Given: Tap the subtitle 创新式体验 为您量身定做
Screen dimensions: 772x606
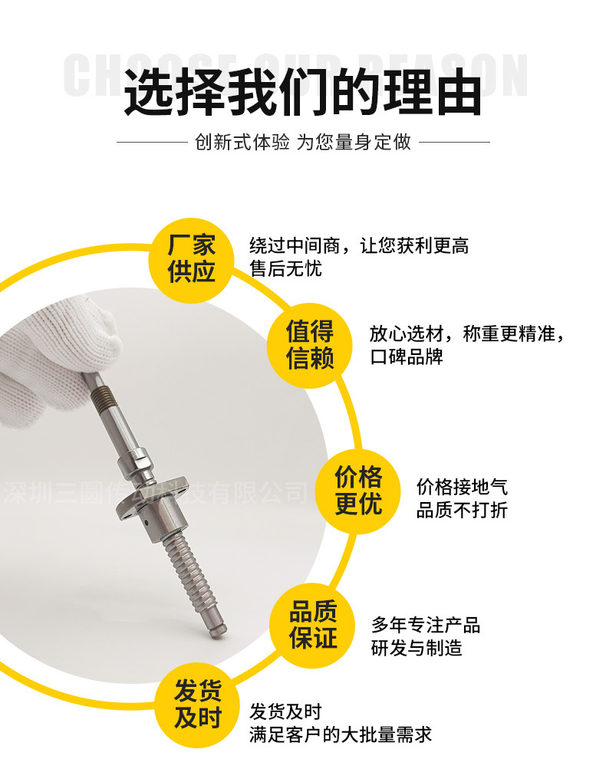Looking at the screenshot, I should pyautogui.click(x=303, y=143).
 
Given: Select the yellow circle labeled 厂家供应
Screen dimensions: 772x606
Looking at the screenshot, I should pyautogui.click(x=192, y=258).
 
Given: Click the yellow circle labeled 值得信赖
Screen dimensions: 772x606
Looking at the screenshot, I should pyautogui.click(x=310, y=344).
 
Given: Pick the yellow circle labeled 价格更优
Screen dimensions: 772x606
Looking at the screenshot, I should pyautogui.click(x=358, y=491).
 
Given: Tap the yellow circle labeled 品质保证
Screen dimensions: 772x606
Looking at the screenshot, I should pyautogui.click(x=313, y=624).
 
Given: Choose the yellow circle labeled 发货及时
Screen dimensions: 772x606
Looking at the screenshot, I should pyautogui.click(x=197, y=704).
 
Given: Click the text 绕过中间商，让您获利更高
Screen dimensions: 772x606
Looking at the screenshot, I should pyautogui.click(x=358, y=246).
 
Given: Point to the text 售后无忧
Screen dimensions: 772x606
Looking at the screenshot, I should pyautogui.click(x=285, y=269).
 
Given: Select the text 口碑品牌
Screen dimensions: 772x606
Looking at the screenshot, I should pyautogui.click(x=407, y=357).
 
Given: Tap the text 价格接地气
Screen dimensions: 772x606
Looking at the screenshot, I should pyautogui.click(x=462, y=487).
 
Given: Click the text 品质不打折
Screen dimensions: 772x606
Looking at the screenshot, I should pyautogui.click(x=462, y=511).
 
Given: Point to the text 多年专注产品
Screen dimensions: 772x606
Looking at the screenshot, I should pyautogui.click(x=426, y=625).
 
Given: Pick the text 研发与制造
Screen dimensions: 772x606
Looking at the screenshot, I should pyautogui.click(x=417, y=649).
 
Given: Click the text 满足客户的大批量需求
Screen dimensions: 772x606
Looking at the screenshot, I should pyautogui.click(x=341, y=735).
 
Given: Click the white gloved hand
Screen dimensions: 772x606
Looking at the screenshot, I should pyautogui.click(x=54, y=360).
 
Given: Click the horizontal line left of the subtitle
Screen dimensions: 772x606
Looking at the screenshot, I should pyautogui.click(x=151, y=143).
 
